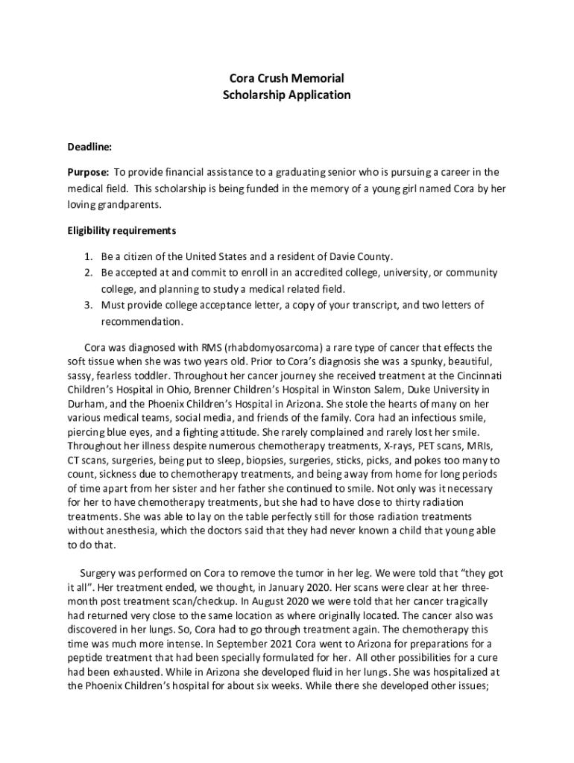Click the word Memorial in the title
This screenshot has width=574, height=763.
coord(318,78)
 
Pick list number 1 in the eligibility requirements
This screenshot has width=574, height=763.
coord(87,256)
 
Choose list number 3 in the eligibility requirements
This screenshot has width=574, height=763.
coord(87,305)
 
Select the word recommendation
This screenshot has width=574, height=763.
coord(142,321)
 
